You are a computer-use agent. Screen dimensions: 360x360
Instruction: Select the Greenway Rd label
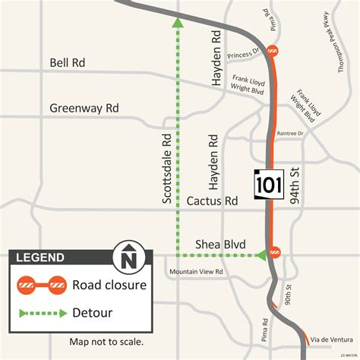tap(84, 108)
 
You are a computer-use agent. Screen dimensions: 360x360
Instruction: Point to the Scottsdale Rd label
tap(167, 169)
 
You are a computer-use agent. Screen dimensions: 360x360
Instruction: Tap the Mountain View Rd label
tap(196, 271)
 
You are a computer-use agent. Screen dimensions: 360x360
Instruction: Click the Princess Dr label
tap(244, 53)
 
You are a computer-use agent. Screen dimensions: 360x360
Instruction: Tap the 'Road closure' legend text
tap(109, 286)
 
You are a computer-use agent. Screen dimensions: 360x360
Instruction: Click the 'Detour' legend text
tap(92, 312)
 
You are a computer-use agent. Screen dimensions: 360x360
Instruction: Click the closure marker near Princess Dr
tap(271, 52)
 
